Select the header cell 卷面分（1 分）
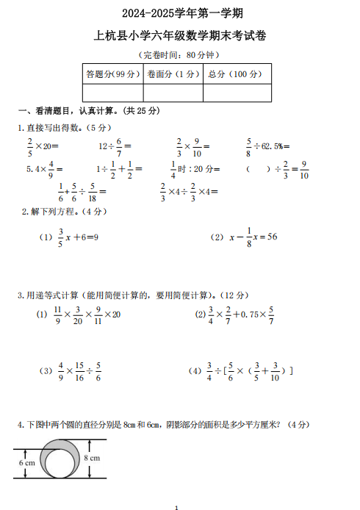(x=173, y=73)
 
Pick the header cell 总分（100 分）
(x=237, y=73)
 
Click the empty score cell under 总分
(x=237, y=93)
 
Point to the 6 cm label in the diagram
(x=27, y=463)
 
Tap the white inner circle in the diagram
(x=57, y=463)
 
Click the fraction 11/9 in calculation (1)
(x=57, y=314)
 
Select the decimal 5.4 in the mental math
(x=32, y=168)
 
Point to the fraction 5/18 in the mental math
(x=91, y=192)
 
